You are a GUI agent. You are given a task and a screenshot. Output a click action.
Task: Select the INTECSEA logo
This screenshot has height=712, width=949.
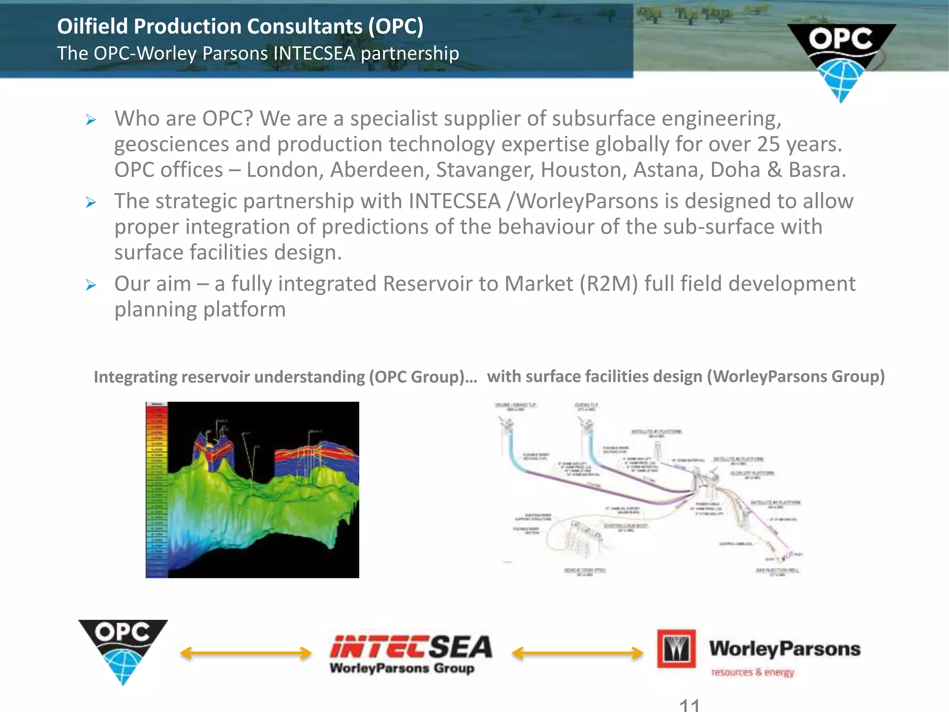(411, 653)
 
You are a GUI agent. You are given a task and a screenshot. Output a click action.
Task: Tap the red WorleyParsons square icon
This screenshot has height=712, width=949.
(676, 648)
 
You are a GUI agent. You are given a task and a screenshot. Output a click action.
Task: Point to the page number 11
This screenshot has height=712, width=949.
(689, 705)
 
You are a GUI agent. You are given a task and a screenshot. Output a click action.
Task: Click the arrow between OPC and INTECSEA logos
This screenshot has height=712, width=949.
(246, 653)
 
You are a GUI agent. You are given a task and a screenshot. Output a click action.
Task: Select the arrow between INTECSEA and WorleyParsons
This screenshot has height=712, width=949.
(577, 653)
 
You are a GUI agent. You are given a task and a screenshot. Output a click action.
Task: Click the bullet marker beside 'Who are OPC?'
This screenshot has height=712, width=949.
(91, 121)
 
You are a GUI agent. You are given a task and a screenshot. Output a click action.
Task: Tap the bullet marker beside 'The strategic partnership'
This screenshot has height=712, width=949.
(91, 203)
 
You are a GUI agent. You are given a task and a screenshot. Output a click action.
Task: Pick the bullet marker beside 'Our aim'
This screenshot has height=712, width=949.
(91, 285)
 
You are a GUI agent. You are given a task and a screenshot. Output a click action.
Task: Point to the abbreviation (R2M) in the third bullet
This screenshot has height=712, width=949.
(609, 284)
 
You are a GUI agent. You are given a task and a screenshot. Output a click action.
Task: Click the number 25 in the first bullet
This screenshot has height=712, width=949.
(769, 144)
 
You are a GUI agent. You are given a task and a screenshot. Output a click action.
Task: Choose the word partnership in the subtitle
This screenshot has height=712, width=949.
(410, 54)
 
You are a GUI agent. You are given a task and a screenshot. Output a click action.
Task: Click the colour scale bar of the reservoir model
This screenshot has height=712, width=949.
(157, 489)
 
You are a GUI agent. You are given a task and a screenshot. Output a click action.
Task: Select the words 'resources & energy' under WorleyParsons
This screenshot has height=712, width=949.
(753, 672)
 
